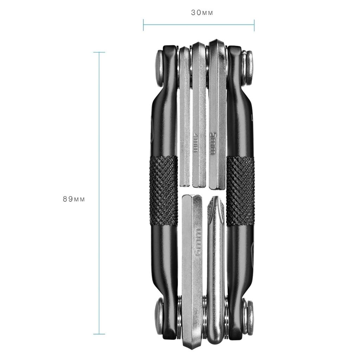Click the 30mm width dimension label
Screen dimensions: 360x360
pyautogui.click(x=202, y=13)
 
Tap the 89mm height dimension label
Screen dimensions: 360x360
pyautogui.click(x=74, y=199)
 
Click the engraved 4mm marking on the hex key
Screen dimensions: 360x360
pyautogui.click(x=195, y=142)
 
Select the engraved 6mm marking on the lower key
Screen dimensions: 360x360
pyautogui.click(x=199, y=243)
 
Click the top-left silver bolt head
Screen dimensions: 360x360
pyautogui.click(x=159, y=68)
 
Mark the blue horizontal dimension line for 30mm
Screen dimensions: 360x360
pyautogui.click(x=199, y=25)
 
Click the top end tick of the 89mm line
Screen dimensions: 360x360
pyautogui.click(x=99, y=52)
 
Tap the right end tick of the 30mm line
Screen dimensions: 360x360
pyautogui.click(x=254, y=25)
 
